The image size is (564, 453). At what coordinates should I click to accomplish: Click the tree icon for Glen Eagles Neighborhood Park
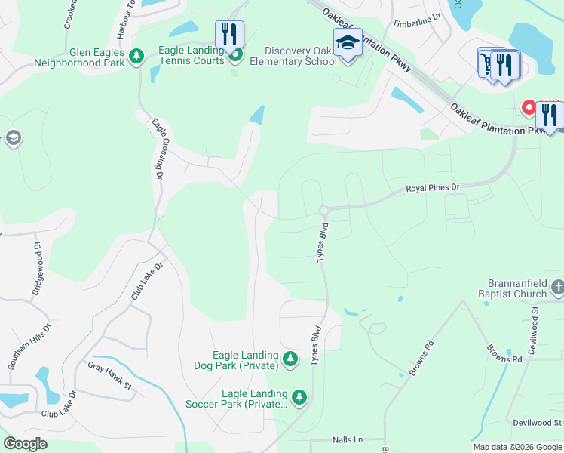(136, 57)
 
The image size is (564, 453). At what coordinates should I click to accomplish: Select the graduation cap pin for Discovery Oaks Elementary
(348, 42)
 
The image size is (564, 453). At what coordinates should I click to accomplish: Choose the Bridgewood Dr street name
(37, 257)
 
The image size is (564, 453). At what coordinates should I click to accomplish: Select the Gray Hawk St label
(109, 366)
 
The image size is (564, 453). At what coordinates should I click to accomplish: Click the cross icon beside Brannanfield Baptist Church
(557, 287)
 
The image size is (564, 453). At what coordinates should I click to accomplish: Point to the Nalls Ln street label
(348, 439)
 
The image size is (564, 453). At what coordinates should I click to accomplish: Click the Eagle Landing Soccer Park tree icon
(299, 396)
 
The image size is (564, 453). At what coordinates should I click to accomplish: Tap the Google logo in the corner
(25, 444)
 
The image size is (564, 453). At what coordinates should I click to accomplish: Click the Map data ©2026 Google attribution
(517, 447)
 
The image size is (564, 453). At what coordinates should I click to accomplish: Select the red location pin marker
(529, 107)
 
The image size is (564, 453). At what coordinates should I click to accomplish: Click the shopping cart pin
(489, 61)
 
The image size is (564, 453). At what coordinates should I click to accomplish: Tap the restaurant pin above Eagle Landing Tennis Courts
(228, 35)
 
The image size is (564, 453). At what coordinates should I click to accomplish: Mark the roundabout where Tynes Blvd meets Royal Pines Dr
(323, 210)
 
